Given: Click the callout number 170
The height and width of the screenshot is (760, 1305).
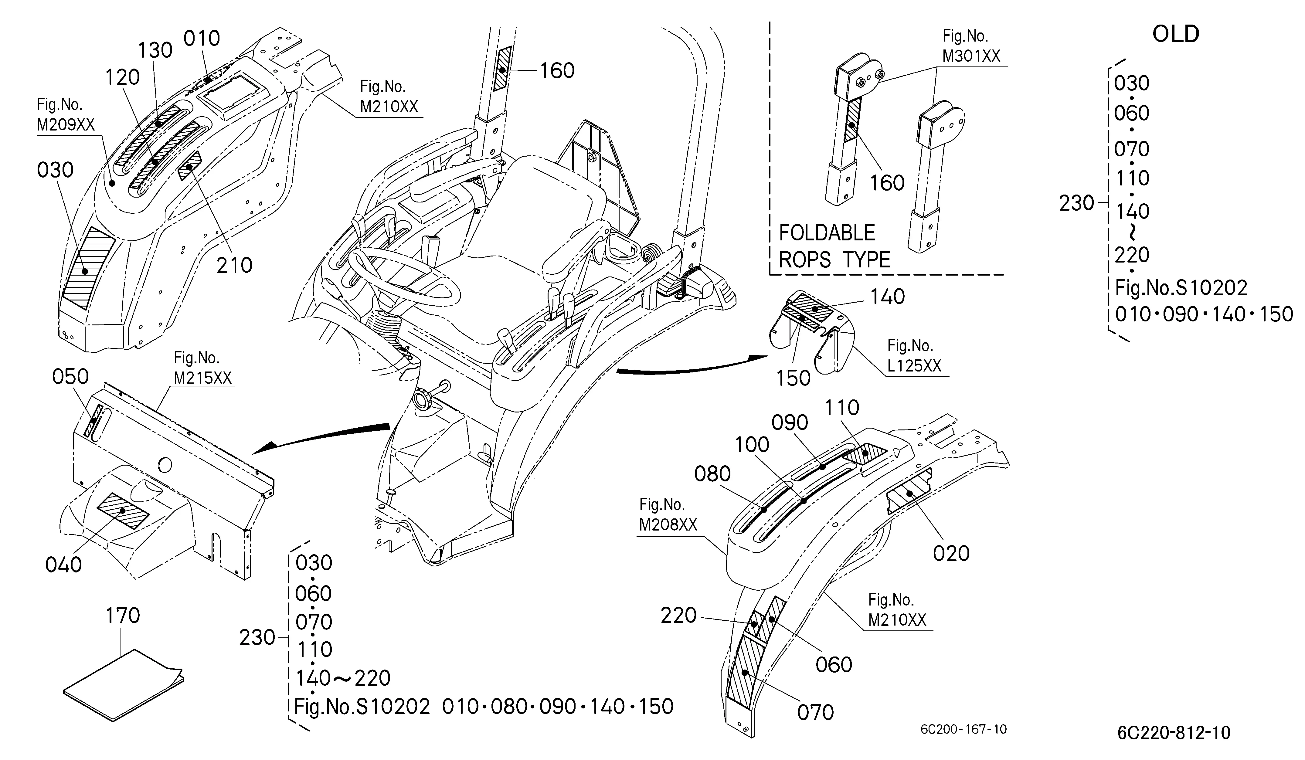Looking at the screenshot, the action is [123, 616].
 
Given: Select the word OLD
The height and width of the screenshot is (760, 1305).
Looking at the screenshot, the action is [1176, 34].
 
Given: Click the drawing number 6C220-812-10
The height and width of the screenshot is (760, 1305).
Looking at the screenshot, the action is [1174, 733].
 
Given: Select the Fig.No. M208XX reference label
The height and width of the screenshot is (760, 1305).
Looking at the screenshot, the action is [668, 514].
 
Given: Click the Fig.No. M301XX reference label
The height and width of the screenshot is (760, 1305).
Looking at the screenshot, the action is [971, 46].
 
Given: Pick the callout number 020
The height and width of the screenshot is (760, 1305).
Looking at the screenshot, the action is [951, 553].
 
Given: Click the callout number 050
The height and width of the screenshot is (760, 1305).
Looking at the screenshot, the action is [70, 377].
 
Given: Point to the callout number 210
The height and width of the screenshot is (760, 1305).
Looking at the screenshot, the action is [234, 266].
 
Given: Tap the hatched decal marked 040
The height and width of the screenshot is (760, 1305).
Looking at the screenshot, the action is [123, 511].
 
